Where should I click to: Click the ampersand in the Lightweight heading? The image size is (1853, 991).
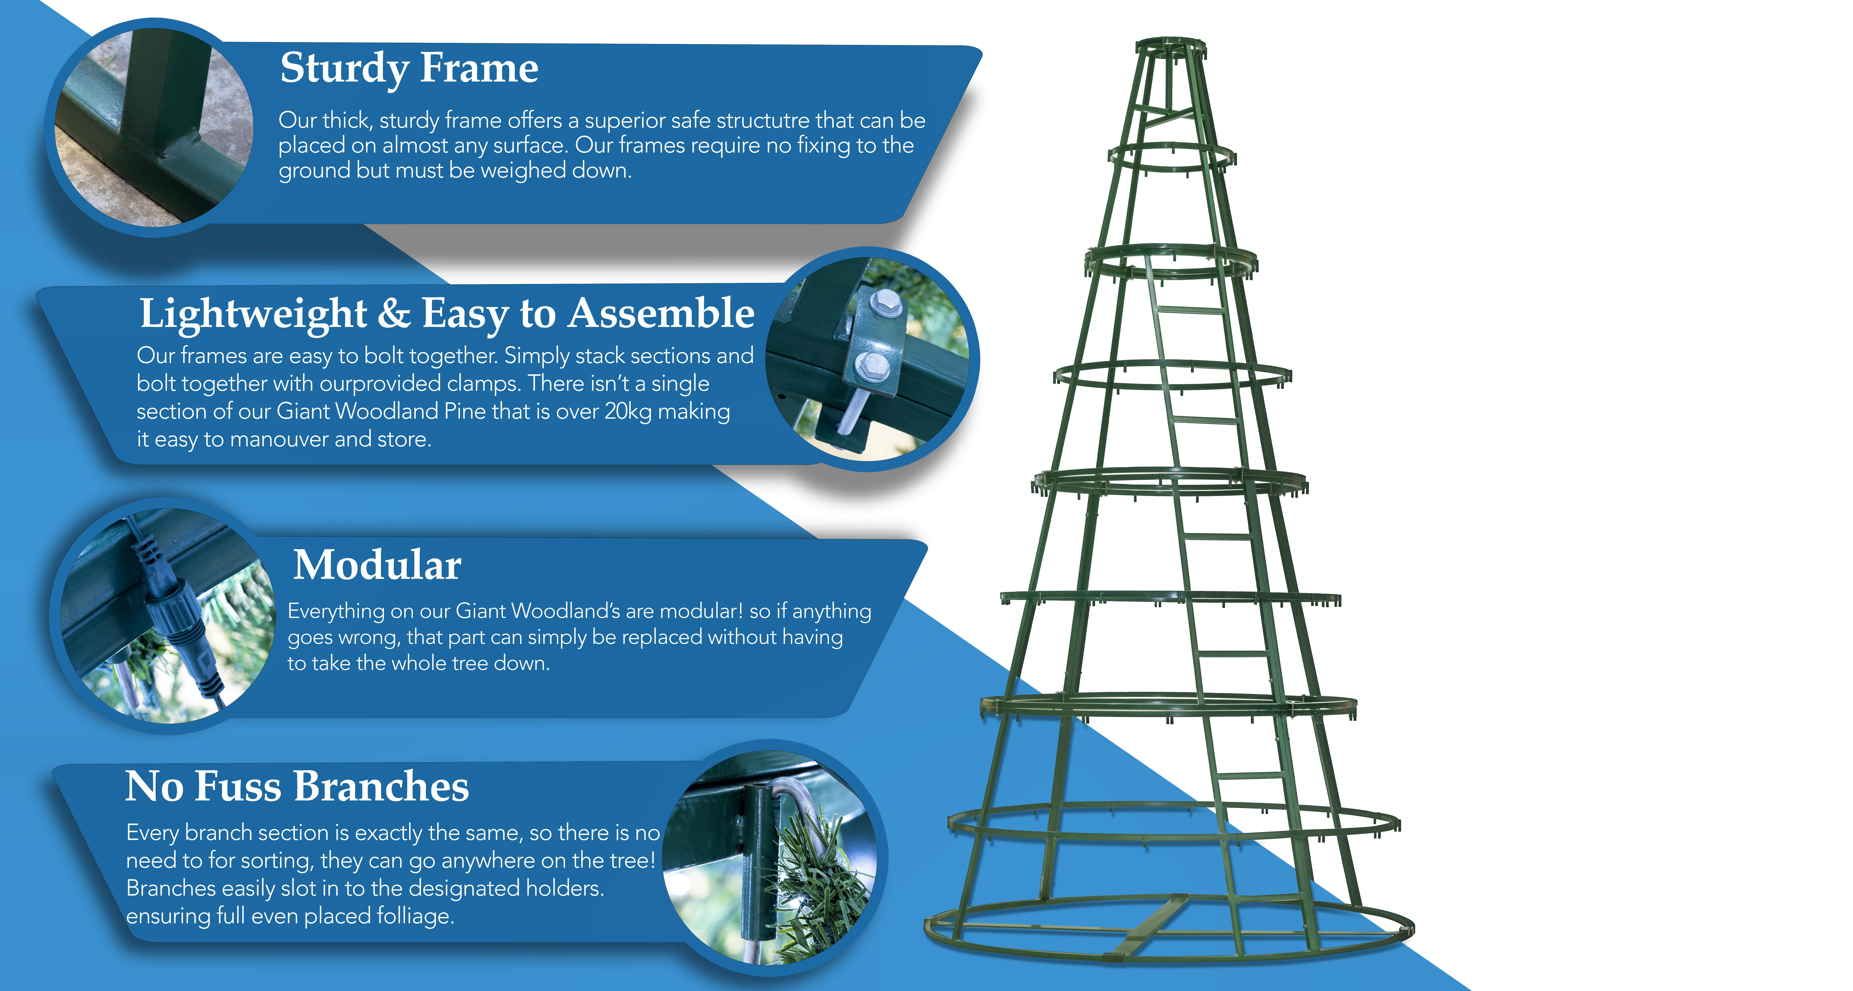[394, 314]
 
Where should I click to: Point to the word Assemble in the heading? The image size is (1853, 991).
[661, 314]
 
